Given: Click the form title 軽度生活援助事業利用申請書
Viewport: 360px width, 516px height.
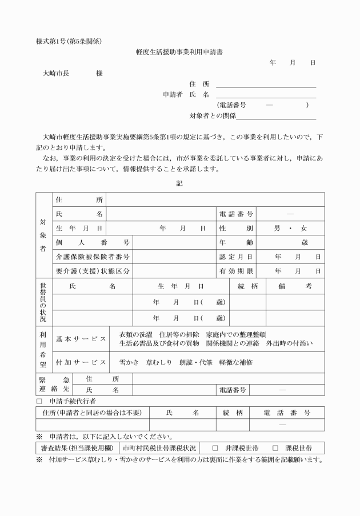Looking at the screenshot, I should pyautogui.click(x=179, y=51).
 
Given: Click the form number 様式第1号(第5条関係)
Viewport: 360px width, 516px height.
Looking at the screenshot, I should pyautogui.click(x=70, y=41).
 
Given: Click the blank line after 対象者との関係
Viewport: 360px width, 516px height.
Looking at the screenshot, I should pyautogui.click(x=277, y=116).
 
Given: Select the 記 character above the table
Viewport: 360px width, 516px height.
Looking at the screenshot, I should pyautogui.click(x=180, y=183).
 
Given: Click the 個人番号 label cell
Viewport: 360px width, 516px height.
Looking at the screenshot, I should pyautogui.click(x=92, y=242).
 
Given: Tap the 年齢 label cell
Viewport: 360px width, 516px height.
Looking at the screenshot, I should pyautogui.click(x=236, y=242).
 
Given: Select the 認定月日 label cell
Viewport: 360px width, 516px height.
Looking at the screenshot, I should pyautogui.click(x=236, y=257).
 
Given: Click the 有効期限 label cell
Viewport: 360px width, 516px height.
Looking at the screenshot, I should pyautogui.click(x=236, y=271).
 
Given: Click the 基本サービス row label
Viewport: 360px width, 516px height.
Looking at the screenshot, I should pyautogui.click(x=81, y=339).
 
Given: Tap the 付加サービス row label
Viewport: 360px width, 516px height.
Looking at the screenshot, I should pyautogui.click(x=81, y=363).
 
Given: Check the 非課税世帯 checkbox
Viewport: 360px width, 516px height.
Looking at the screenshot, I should pyautogui.click(x=215, y=448).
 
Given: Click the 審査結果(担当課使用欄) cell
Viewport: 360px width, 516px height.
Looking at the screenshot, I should pyautogui.click(x=75, y=448).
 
